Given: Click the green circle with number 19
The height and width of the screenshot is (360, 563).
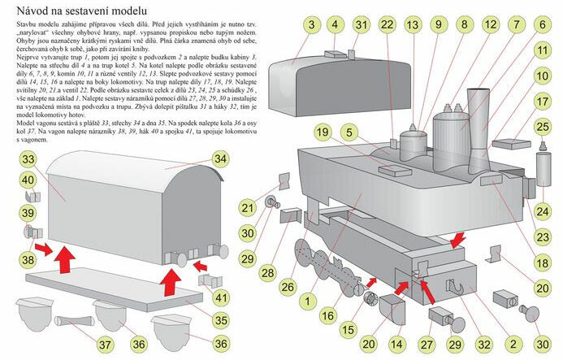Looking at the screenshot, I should coord(322,132).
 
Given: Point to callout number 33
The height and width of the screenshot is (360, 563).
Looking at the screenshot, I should coord(28,158).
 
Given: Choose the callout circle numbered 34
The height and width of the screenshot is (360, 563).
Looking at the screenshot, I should coord(220,158).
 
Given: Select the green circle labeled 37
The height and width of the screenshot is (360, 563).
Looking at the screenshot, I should coord(106,345).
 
